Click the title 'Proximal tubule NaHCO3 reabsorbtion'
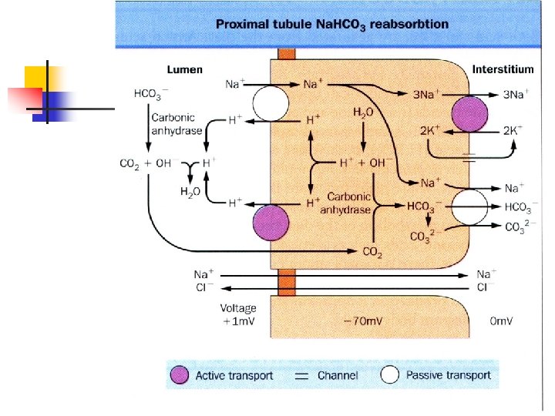coord(332,25)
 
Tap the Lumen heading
coord(184,69)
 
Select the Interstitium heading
coord(503,69)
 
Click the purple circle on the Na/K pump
coord(469,114)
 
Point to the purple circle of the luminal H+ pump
coord(271,223)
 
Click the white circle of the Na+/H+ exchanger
coord(271,104)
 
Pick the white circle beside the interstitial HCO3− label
coord(469,207)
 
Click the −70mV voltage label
coord(363,321)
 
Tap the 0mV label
coord(501,320)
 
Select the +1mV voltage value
coord(238,321)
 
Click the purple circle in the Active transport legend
coord(180,375)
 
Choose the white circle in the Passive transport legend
coord(390,374)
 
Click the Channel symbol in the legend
coord(301,376)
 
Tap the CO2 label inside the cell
coord(372,252)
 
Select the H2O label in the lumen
coord(190,192)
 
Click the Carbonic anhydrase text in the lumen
coord(177,124)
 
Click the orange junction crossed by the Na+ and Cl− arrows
coord(287,282)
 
